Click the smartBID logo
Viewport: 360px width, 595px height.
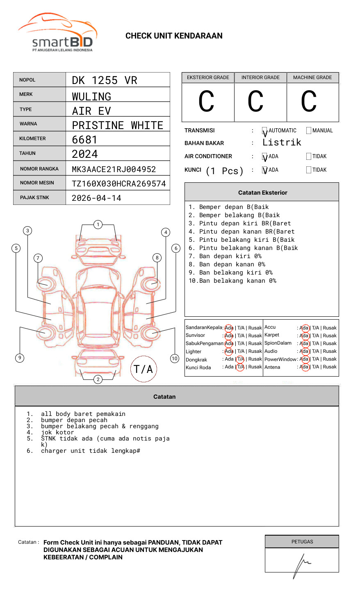[x=57, y=33]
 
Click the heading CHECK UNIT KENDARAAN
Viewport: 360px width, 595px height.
[x=174, y=36]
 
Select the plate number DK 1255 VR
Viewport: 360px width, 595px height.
[x=105, y=80]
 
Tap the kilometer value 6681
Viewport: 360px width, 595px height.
[x=85, y=140]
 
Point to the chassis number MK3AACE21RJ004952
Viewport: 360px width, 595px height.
[x=114, y=169]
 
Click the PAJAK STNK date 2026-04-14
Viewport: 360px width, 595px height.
[x=97, y=198]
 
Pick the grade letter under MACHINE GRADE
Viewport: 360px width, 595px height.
[x=309, y=102]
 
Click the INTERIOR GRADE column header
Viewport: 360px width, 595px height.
[x=260, y=77]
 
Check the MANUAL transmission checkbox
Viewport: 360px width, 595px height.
[x=309, y=131]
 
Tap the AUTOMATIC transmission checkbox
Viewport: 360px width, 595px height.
[x=265, y=131]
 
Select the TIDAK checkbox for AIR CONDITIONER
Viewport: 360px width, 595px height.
[x=309, y=157]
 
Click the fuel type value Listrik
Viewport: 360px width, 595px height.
[x=282, y=143]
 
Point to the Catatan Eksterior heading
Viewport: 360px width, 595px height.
[x=262, y=193]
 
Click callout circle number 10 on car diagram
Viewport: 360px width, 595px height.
[x=175, y=359]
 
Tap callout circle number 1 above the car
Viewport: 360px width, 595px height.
[x=98, y=225]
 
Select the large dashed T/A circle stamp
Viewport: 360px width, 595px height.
[x=144, y=369]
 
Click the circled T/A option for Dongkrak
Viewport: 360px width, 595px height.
[x=240, y=359]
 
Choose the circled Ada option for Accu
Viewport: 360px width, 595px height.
[x=304, y=328]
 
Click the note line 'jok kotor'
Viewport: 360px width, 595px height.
[x=57, y=432]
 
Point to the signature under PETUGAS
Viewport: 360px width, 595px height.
[x=301, y=564]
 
